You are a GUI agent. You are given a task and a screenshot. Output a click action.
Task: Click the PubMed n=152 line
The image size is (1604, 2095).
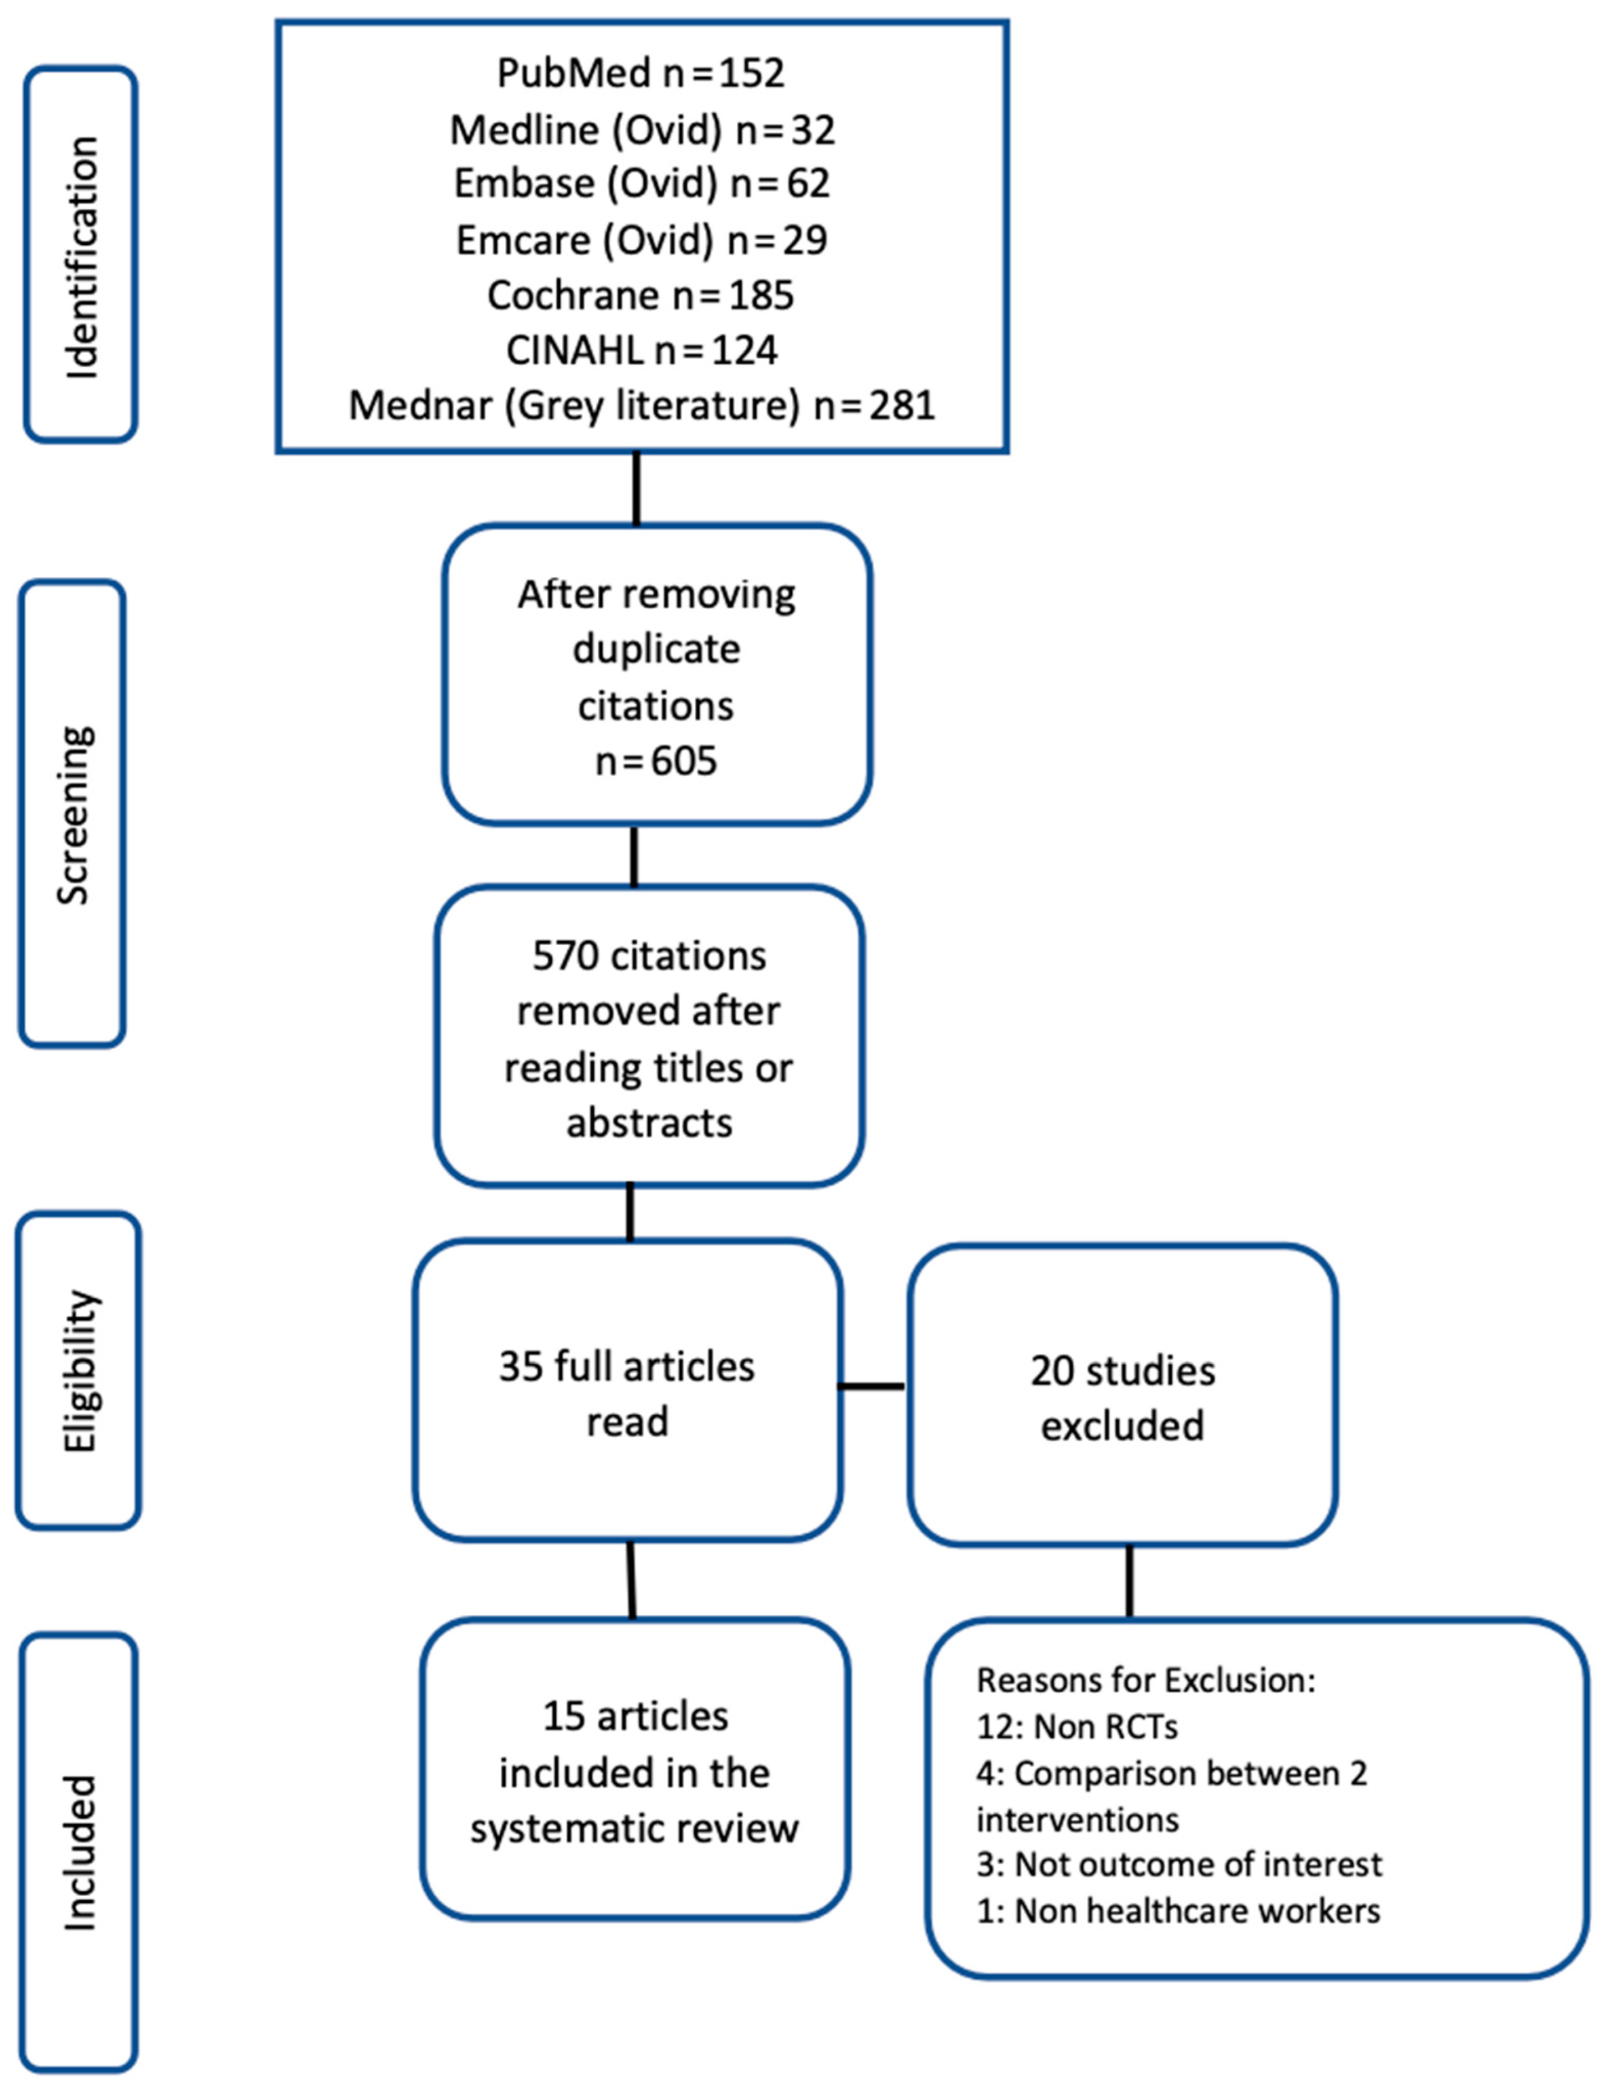pyautogui.click(x=641, y=74)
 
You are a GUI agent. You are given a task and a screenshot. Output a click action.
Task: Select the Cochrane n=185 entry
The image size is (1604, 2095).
pyautogui.click(x=641, y=296)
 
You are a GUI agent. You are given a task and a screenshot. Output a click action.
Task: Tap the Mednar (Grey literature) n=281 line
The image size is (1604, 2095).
pyautogui.click(x=641, y=405)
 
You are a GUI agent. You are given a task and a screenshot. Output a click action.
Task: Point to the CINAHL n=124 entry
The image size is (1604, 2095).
pyautogui.click(x=641, y=351)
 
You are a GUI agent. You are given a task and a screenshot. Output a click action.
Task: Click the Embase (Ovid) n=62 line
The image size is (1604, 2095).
pyautogui.click(x=641, y=183)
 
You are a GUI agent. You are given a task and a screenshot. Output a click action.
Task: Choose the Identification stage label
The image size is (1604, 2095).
pyautogui.click(x=81, y=256)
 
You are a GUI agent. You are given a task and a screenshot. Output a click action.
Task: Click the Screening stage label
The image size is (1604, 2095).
pyautogui.click(x=74, y=814)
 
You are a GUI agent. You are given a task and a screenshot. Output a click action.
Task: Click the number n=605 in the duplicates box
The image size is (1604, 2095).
pyautogui.click(x=656, y=761)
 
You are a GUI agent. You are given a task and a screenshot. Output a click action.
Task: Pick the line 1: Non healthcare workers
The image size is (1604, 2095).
pyautogui.click(x=1178, y=1911)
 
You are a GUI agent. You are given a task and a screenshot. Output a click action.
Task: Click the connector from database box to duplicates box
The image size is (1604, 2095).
pyautogui.click(x=637, y=489)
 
